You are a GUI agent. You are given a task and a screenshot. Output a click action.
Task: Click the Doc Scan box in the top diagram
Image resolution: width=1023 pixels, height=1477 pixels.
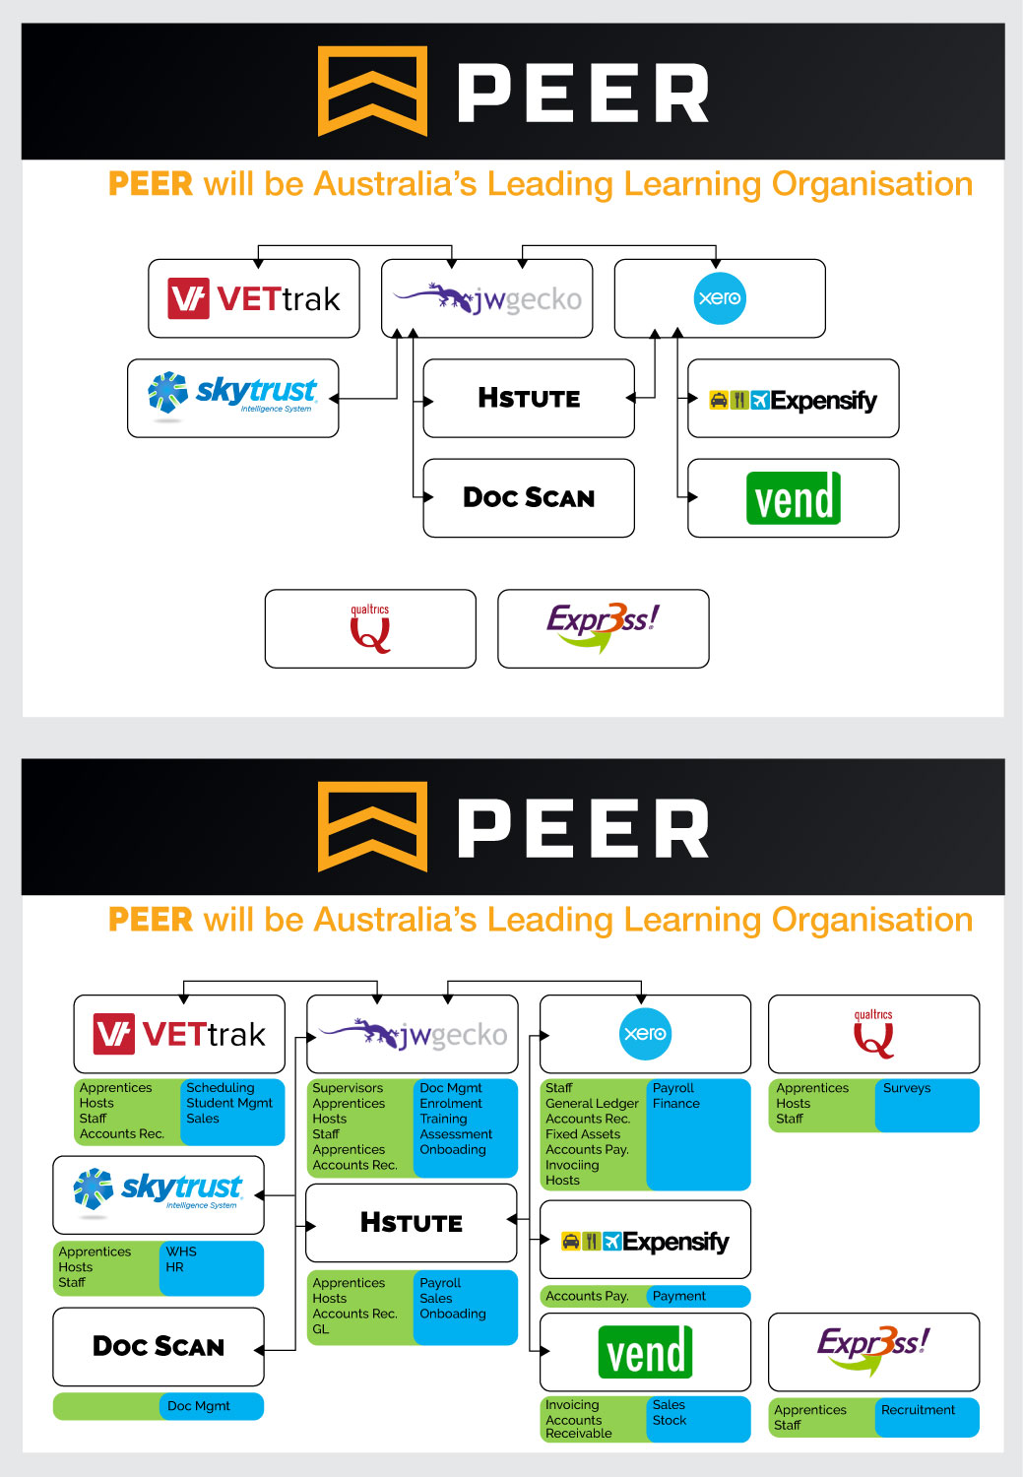coord(529,497)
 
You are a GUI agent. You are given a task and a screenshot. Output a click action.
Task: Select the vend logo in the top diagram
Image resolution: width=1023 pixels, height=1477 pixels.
coord(794,497)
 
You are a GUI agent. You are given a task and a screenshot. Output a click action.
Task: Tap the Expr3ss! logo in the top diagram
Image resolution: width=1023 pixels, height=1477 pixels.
coord(603,627)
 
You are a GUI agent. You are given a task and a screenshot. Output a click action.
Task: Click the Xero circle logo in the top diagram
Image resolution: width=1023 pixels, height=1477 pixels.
coord(720,298)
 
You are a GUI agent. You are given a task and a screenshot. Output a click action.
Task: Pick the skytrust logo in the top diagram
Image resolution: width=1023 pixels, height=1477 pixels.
coord(233,394)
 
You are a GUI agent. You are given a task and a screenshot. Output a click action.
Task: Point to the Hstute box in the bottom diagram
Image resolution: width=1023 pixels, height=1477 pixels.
coord(412,1223)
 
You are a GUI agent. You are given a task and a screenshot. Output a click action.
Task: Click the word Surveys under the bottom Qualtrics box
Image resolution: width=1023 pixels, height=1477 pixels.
coord(907,1088)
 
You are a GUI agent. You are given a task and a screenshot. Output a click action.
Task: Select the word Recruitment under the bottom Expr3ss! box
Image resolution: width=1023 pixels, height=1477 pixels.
coord(918,1410)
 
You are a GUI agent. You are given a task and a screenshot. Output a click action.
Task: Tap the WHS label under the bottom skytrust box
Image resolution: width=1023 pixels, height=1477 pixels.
coord(181,1252)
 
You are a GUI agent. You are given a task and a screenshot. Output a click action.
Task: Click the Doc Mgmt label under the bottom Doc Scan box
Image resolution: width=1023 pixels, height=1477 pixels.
coord(199,1406)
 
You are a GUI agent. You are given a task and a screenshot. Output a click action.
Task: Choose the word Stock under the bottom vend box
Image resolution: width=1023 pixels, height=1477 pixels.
coord(670,1420)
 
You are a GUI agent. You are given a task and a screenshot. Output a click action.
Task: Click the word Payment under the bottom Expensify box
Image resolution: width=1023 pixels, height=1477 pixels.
coord(679,1296)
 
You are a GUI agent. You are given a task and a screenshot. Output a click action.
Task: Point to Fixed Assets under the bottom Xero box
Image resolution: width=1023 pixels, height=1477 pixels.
coord(583,1134)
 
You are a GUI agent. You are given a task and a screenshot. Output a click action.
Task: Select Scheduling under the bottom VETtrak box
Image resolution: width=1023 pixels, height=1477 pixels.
coord(221,1088)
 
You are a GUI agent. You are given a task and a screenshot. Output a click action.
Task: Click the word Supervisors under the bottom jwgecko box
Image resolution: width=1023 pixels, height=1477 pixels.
coord(348,1088)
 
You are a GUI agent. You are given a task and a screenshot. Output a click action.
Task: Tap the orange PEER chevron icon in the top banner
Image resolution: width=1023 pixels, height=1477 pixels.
coord(372,91)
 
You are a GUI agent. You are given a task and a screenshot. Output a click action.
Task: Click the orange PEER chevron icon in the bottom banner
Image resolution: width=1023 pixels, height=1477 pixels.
coord(372,826)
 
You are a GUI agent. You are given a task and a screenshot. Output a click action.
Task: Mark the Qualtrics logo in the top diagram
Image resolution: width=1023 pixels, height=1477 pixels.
coord(370,629)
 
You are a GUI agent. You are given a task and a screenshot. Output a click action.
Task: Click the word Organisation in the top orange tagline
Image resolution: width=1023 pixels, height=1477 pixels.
coord(872,184)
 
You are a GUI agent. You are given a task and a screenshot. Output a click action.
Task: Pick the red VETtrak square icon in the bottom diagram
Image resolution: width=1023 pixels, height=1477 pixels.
coord(114,1034)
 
